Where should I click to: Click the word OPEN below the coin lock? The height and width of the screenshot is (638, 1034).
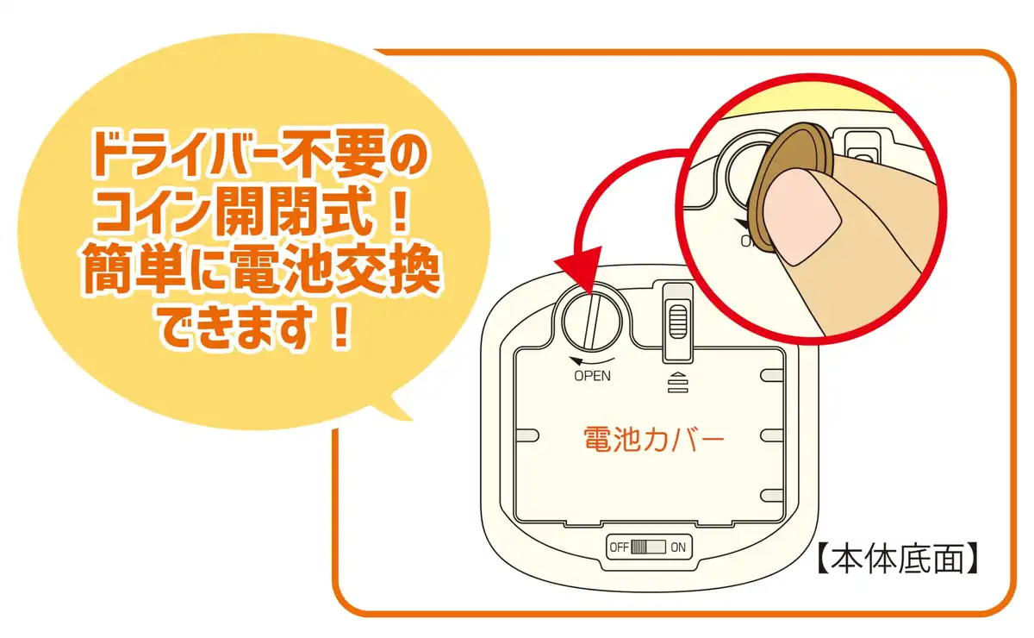point(592,376)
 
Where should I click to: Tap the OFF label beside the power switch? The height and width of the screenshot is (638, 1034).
point(619,547)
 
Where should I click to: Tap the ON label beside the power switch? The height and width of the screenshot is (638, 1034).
point(678,547)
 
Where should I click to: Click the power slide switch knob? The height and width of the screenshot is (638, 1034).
point(638,547)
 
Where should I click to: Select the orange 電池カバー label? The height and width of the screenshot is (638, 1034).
point(654,439)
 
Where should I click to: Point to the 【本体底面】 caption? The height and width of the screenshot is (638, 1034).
point(898,558)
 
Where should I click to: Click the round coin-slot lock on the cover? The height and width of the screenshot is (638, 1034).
point(592,322)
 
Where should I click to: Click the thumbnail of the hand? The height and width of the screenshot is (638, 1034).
point(802,216)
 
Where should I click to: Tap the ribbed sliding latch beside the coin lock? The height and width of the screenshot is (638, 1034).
point(677,322)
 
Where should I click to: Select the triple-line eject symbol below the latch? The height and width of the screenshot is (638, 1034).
point(677,383)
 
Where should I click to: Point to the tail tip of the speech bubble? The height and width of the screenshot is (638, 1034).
point(412,420)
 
